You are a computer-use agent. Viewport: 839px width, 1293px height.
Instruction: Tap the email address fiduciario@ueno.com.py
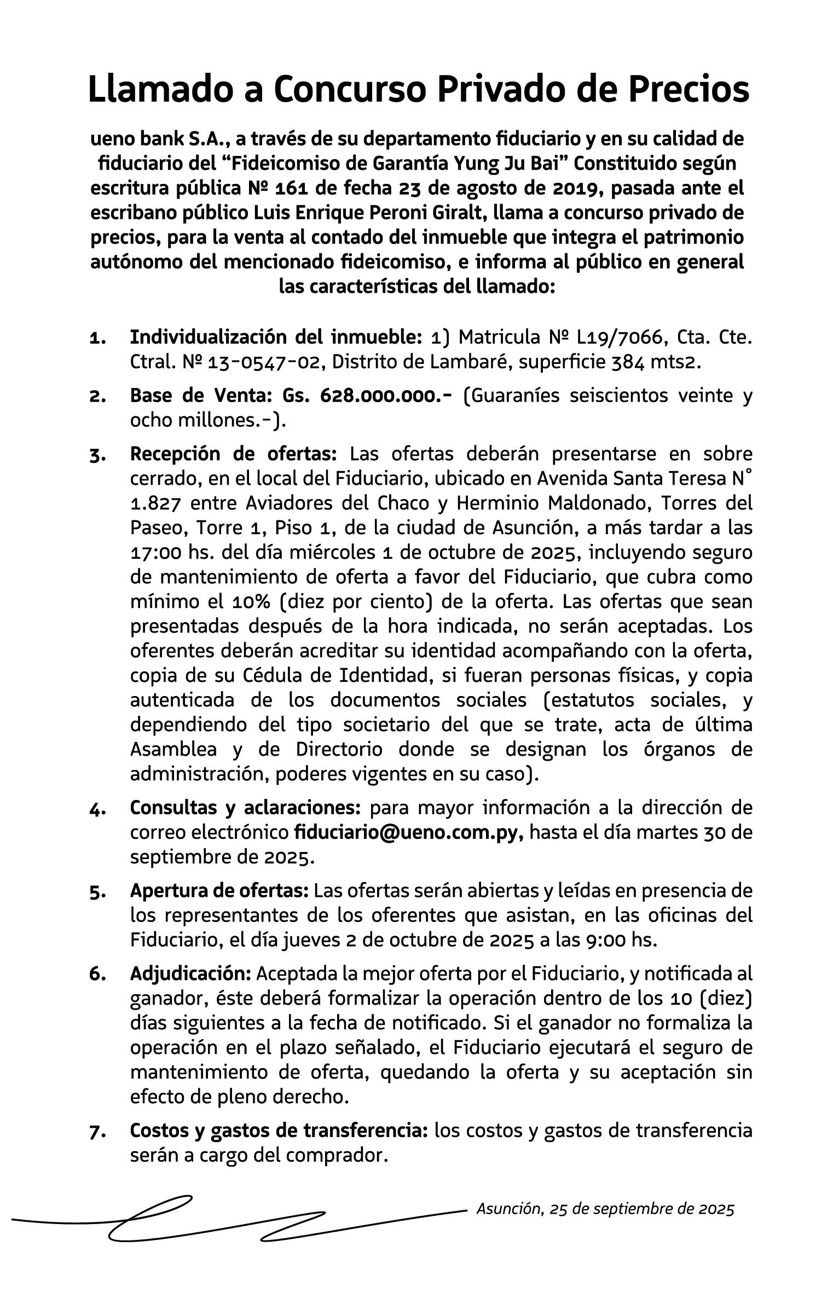click(409, 833)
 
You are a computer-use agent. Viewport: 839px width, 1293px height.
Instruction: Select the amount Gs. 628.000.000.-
click(367, 396)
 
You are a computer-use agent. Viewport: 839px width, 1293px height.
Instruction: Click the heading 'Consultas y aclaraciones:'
click(245, 808)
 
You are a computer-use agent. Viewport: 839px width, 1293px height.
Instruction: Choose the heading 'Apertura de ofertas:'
click(219, 891)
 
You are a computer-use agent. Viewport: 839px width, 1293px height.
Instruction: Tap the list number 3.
click(97, 455)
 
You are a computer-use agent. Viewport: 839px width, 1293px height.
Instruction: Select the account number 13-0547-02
click(264, 362)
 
